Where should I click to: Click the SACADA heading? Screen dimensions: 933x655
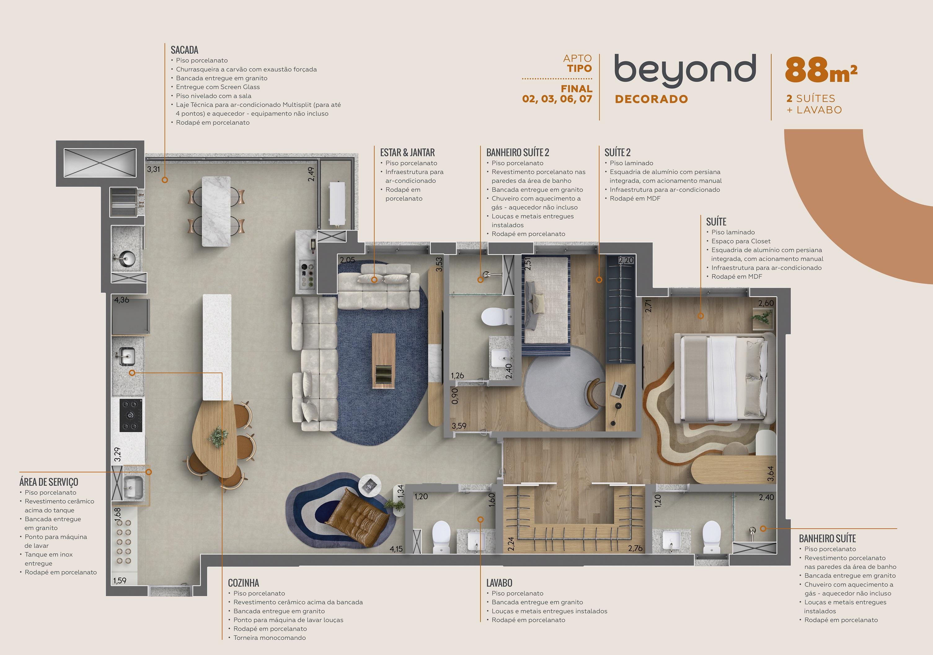point(184,50)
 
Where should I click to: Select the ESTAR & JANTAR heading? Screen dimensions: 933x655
point(407,153)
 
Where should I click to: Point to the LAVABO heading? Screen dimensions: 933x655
point(499,583)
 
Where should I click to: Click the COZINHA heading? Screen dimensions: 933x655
point(243,583)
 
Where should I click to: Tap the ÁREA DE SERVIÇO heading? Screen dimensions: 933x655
point(49,482)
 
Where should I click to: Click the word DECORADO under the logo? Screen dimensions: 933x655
point(651,99)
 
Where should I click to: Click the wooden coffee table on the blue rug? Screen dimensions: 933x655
point(384,361)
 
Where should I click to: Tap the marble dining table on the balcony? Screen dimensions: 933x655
point(216,211)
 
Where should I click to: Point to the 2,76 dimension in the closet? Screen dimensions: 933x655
point(635,549)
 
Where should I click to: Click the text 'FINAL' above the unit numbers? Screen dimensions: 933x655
point(577,89)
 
